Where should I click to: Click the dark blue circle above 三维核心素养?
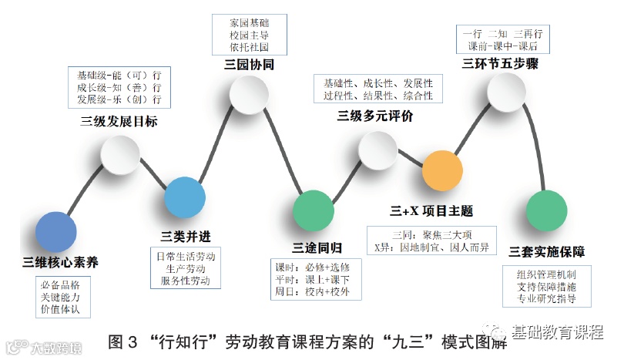tap(57, 232)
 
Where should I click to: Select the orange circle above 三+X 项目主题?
tap(441, 170)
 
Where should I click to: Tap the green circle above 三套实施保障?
tap(546, 210)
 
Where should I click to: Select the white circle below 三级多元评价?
tap(377, 150)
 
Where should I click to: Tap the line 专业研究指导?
tap(546, 298)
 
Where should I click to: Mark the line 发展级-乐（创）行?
tap(119, 100)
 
